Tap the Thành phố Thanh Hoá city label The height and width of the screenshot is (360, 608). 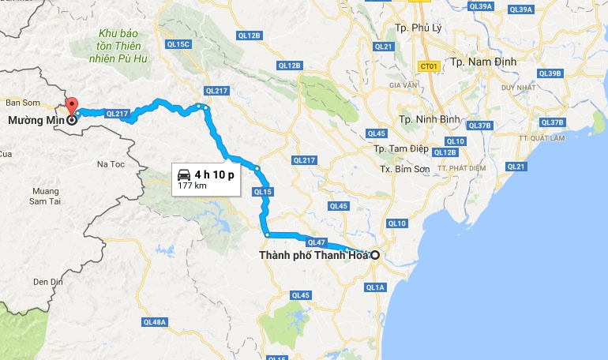[313, 255]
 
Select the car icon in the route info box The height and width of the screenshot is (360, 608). [183, 174]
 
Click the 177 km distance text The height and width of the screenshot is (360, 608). [191, 186]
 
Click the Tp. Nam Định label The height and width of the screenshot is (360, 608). [482, 61]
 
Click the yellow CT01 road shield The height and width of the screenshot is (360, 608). [429, 67]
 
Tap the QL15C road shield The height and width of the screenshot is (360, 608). [180, 43]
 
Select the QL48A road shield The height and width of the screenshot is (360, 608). [156, 322]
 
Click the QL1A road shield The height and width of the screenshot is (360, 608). [375, 287]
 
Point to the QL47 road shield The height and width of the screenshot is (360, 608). [317, 242]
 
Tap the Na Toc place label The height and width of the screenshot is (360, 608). [111, 164]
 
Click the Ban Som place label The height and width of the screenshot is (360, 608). [22, 103]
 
